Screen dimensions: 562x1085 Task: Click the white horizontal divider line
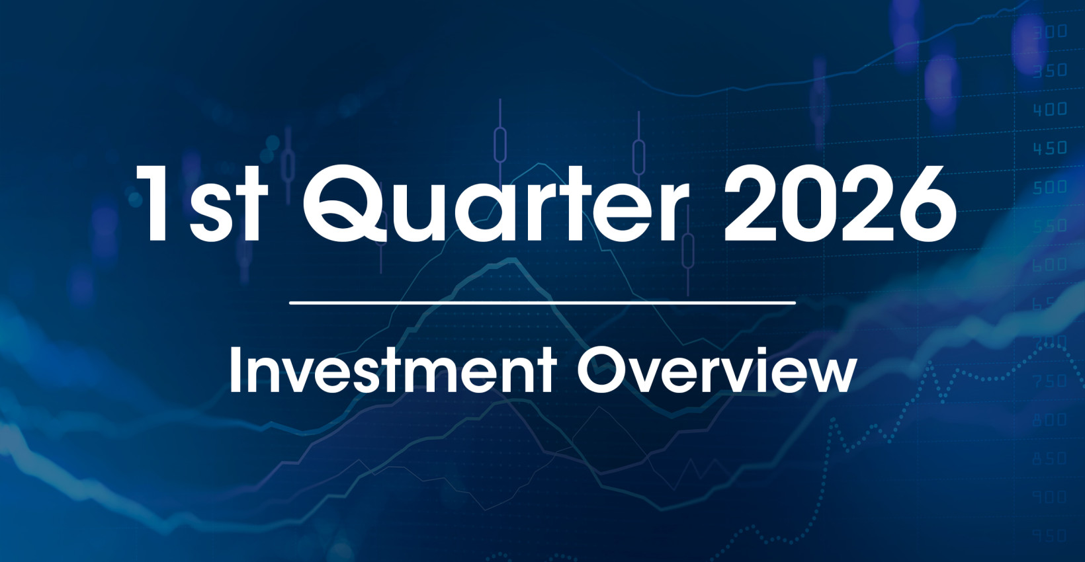pyautogui.click(x=542, y=303)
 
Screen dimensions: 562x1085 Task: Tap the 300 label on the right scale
pyautogui.click(x=1051, y=32)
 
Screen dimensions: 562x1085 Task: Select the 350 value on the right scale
pyautogui.click(x=1051, y=70)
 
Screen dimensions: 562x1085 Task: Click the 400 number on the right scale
pyautogui.click(x=1051, y=109)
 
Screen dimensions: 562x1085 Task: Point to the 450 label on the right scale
pyautogui.click(x=1051, y=148)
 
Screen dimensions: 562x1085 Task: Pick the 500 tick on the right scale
pyautogui.click(x=1051, y=187)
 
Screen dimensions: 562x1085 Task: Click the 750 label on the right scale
pyautogui.click(x=1051, y=381)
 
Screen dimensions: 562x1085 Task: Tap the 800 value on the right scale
pyautogui.click(x=1051, y=420)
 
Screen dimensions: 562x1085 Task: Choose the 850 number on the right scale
pyautogui.click(x=1051, y=458)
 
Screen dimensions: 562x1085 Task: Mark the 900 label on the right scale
pyautogui.click(x=1051, y=497)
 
